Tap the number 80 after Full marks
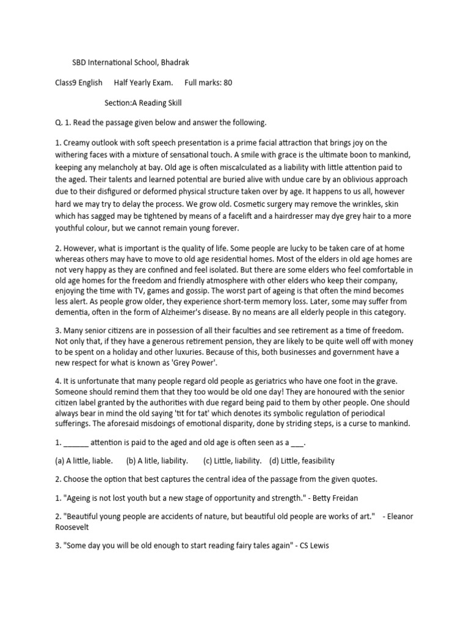pos(227,83)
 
